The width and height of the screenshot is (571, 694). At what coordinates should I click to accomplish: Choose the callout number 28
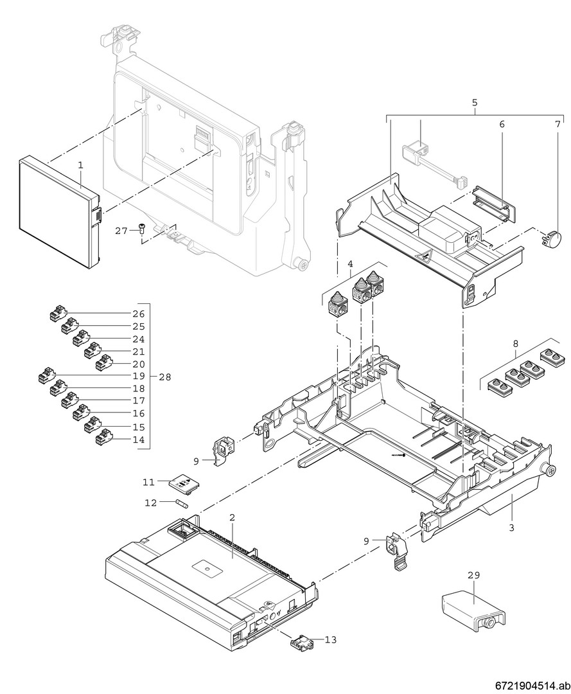165,377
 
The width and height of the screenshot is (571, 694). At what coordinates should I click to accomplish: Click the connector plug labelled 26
58,314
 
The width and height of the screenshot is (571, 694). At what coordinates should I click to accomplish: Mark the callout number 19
139,377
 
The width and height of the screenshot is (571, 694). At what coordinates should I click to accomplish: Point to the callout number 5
474,102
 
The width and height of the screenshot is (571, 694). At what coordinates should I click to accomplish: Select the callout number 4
350,263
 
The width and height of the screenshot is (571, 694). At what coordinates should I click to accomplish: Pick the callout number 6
502,124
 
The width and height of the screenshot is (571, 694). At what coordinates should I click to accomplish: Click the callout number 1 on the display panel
81,165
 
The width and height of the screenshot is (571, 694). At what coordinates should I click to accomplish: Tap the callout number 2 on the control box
232,517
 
